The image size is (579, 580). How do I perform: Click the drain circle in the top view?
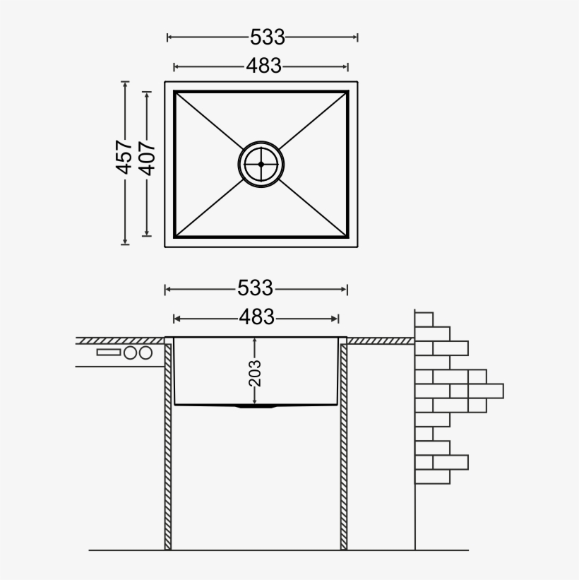tap(261, 164)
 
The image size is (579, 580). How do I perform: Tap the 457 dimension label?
tap(125, 157)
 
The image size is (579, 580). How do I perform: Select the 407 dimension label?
tap(147, 157)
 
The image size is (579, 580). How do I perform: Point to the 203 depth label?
tap(255, 373)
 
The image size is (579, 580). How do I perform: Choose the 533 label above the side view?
tap(255, 288)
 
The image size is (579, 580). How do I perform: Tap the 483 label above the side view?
tap(256, 318)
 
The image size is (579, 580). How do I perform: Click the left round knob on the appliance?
tap(131, 353)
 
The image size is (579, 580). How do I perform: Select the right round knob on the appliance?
tap(145, 353)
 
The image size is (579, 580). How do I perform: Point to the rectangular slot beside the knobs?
tap(109, 352)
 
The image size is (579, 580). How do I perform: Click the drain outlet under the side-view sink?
tap(256, 408)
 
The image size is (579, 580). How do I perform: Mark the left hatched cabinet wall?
tap(168, 445)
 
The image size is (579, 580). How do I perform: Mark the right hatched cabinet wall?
tap(344, 445)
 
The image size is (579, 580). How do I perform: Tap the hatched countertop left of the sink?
tap(120, 341)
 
